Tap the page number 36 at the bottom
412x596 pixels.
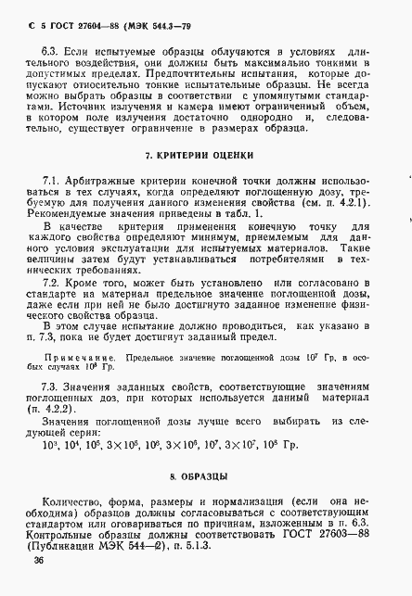click(38, 562)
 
